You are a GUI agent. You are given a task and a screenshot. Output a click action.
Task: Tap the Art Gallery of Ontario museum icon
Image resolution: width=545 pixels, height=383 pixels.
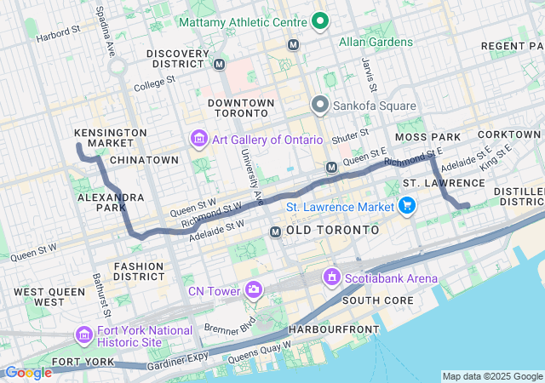coord(198,139)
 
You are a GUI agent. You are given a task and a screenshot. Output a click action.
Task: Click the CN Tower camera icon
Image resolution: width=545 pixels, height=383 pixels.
coord(254,292)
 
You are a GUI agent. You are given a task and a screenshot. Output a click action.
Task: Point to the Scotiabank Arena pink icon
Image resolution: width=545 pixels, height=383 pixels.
coord(331,277)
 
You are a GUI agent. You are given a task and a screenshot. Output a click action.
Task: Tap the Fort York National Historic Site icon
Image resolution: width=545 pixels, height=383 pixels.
coord(84,334)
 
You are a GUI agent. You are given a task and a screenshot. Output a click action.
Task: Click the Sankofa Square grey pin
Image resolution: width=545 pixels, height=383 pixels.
coord(320,106)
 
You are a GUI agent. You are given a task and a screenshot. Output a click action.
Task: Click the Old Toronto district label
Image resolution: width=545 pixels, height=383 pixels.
coord(333,231)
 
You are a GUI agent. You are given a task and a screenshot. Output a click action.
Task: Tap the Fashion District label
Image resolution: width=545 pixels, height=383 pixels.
coord(139,272)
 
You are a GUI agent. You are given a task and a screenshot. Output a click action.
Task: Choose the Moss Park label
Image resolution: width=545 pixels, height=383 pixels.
coord(427,137)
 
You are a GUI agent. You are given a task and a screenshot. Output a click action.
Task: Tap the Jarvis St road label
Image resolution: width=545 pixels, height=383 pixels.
coord(370,75)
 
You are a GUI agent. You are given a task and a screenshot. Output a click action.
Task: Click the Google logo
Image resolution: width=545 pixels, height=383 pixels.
coord(28,372)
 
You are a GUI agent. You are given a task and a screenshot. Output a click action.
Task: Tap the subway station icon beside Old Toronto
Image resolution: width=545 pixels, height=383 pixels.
coord(275,232)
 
